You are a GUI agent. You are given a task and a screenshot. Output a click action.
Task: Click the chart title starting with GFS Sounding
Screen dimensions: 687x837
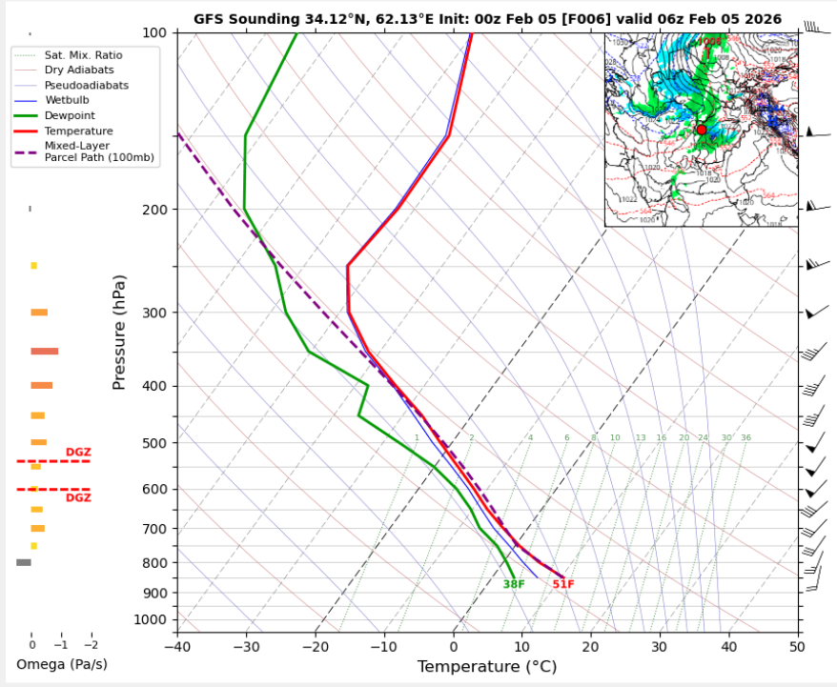[x=487, y=19]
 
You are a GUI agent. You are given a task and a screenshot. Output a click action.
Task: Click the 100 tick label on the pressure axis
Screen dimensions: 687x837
[x=154, y=33]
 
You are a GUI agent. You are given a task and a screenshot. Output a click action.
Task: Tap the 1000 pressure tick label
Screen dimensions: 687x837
[x=151, y=620]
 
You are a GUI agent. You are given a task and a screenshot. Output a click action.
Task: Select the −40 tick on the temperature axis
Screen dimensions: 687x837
[x=176, y=646]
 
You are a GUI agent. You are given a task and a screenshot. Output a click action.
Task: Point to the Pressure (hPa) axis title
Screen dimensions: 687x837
[x=120, y=333]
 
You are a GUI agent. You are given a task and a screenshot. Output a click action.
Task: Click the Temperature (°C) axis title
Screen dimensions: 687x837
[x=487, y=667]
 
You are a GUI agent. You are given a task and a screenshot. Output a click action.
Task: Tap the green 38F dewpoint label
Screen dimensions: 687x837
[x=514, y=584]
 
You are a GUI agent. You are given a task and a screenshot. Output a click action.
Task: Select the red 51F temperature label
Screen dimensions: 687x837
[x=563, y=584]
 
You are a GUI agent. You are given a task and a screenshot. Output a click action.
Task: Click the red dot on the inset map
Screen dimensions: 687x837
[x=702, y=130]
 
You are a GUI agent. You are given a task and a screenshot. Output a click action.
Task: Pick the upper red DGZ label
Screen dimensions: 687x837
[x=78, y=452]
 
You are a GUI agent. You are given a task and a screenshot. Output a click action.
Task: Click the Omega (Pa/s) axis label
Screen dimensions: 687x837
[x=62, y=664]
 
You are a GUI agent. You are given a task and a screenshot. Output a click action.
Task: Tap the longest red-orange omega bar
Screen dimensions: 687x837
[x=44, y=352]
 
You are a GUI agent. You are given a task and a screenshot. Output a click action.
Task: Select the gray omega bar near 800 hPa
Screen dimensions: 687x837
[x=24, y=562]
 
